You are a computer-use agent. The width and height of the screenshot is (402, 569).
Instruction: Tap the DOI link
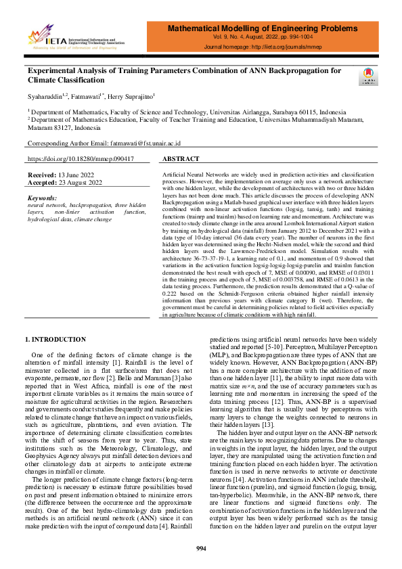(80, 159)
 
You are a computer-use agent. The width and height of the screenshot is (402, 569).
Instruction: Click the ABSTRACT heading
(181, 159)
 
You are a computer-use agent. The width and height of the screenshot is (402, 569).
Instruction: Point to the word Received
(41, 175)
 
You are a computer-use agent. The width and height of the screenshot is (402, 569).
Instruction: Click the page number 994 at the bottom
(200, 547)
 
